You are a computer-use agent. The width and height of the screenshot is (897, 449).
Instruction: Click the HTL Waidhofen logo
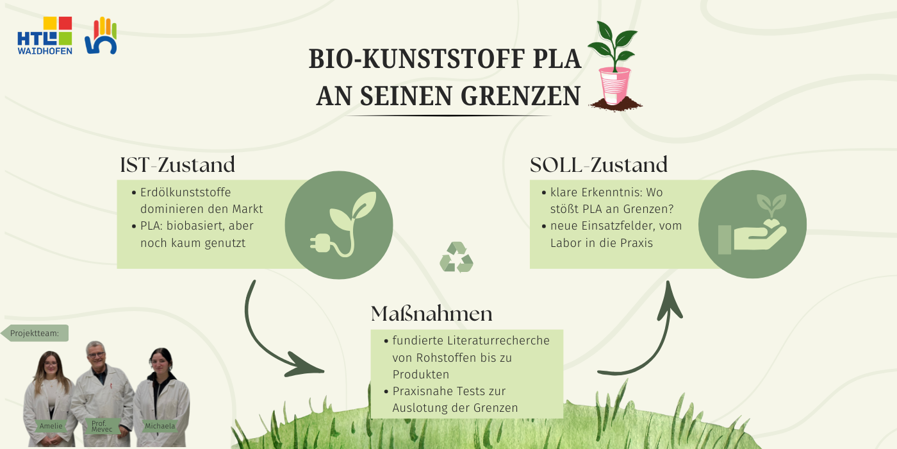pos(45,36)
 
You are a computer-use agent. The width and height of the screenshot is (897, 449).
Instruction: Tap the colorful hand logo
pos(101,36)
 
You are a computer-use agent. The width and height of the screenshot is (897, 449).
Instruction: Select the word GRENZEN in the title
pos(520,96)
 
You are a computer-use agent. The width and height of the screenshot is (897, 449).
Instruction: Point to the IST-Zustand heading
pos(177,165)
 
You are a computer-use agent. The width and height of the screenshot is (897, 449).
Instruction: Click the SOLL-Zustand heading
pos(598,165)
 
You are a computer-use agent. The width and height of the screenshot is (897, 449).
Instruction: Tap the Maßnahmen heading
pos(431,314)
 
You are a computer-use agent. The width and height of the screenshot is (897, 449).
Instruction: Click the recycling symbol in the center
pos(456,257)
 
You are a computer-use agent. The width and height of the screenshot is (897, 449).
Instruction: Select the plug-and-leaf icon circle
pos(339,225)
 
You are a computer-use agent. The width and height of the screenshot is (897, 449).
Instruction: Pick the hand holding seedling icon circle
pos(752,224)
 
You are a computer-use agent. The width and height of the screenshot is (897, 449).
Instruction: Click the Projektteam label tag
pos(35,333)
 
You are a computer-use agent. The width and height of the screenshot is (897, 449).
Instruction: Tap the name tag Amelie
pos(51,426)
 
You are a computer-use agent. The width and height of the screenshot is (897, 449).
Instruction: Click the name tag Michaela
pos(160,426)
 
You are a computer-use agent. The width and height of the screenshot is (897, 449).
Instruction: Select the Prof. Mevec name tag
pos(102,426)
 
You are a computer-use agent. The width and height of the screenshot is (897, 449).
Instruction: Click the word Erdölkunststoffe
pos(185,192)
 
